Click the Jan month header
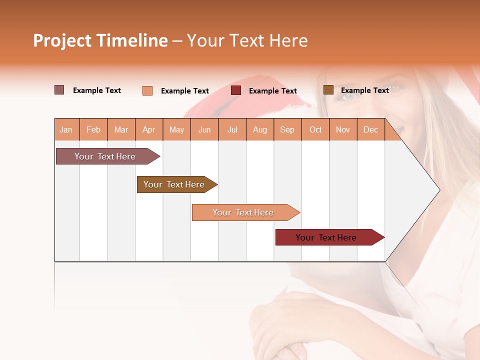[66, 130]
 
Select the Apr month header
[149, 130]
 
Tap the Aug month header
[260, 130]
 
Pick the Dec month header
[371, 130]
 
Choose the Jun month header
[204, 130]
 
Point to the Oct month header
[315, 130]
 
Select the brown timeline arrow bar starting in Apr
[175, 184]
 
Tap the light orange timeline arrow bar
[244, 212]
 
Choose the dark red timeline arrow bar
[327, 237]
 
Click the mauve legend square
[59, 90]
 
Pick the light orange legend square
[147, 90]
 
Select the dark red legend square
[236, 90]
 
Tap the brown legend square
[328, 90]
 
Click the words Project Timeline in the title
[100, 40]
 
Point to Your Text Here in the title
[247, 40]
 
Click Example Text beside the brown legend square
[364, 90]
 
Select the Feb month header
[93, 130]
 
